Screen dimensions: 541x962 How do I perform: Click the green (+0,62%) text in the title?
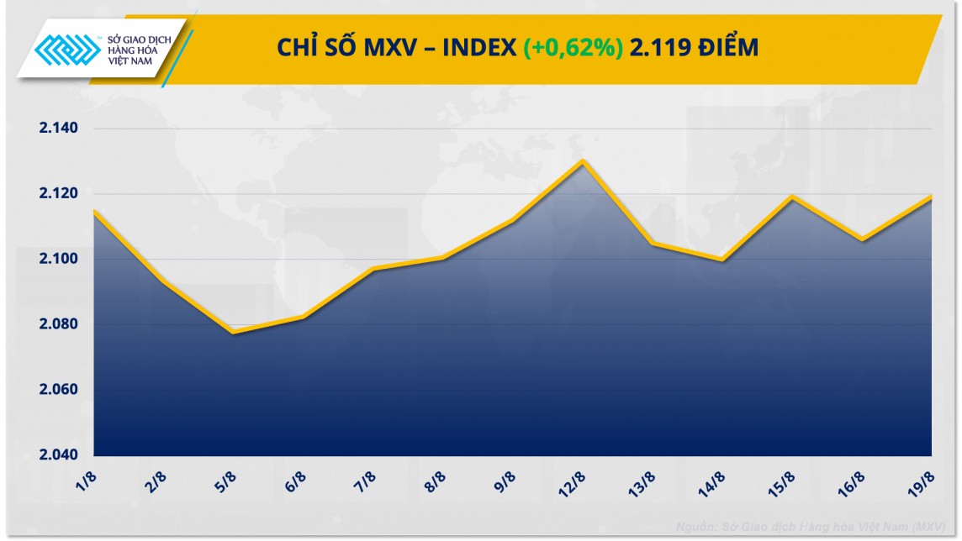(x=573, y=48)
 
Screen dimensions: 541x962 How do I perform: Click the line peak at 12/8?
(x=582, y=160)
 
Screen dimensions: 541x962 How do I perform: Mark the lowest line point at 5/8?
(x=232, y=333)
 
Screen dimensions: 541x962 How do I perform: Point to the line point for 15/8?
(x=791, y=197)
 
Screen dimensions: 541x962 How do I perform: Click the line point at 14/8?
(x=721, y=260)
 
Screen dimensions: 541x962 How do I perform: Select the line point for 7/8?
(x=373, y=269)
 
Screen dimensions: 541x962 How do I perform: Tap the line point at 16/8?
(x=861, y=239)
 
